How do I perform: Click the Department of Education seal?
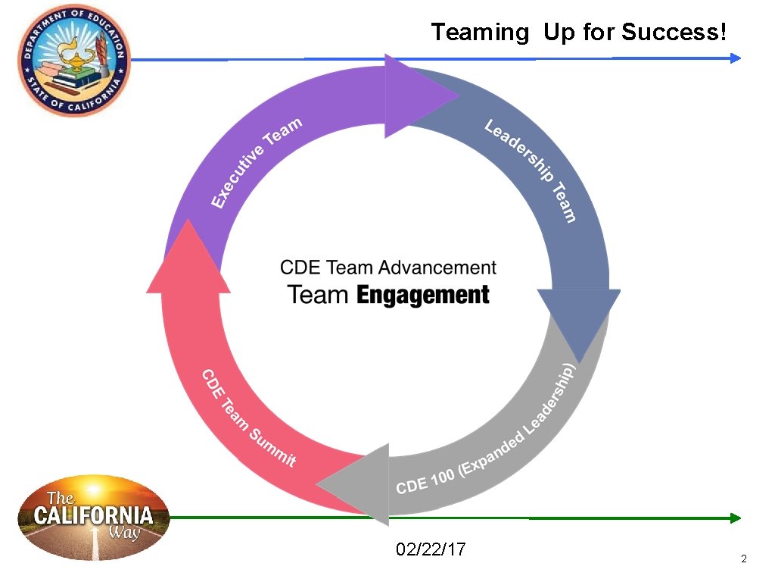74,59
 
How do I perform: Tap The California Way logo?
94,518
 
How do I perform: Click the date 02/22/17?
431,549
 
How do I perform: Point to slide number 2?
743,559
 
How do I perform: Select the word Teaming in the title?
480,33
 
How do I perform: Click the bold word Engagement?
422,296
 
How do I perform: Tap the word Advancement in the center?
437,268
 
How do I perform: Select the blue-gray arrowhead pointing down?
579,318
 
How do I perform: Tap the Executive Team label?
257,161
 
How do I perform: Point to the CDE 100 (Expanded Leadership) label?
488,431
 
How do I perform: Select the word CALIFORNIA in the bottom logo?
93,518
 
